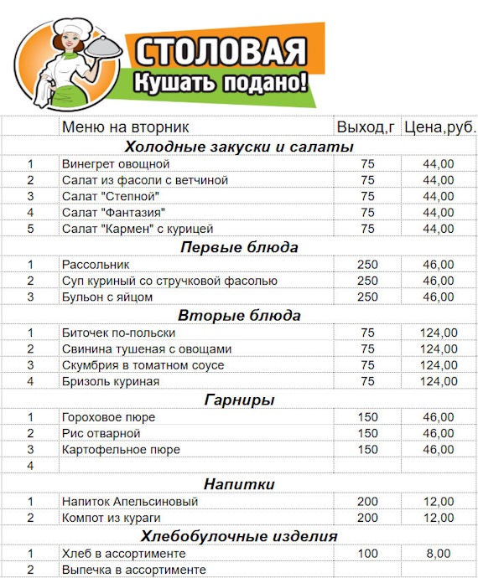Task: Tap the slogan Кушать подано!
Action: (x=221, y=82)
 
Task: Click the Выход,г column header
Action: (x=366, y=127)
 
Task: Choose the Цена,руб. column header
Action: (x=439, y=127)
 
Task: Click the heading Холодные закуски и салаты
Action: (x=239, y=147)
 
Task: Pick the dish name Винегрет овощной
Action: (x=116, y=163)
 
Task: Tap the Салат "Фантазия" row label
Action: (x=113, y=212)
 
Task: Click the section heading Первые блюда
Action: (x=239, y=247)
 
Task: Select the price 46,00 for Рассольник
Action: (x=438, y=265)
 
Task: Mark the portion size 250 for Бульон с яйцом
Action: (x=367, y=297)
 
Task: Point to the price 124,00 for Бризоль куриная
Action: (x=438, y=381)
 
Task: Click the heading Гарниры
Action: (x=239, y=400)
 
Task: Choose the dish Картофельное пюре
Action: (x=121, y=450)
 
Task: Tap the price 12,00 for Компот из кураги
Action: (x=438, y=519)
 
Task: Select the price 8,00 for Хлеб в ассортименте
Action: (x=438, y=554)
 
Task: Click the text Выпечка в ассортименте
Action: (x=134, y=570)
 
